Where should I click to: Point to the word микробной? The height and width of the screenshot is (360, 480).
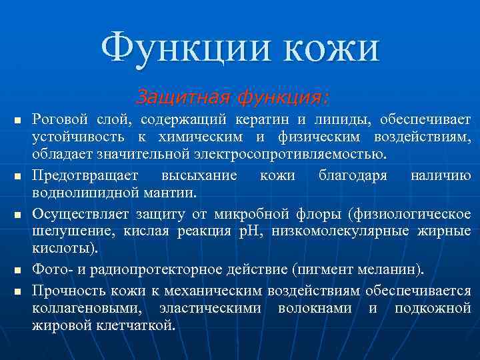click(251, 215)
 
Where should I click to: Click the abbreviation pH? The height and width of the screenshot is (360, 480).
click(257, 232)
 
